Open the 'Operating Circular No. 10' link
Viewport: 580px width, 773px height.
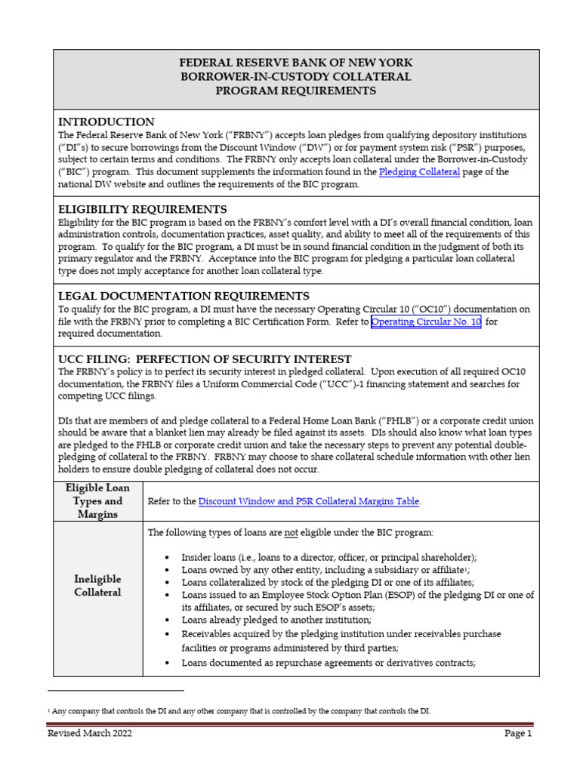coord(426,322)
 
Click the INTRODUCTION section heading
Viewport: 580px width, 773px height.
coord(106,122)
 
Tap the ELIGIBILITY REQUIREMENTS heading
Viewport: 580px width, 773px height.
coord(143,208)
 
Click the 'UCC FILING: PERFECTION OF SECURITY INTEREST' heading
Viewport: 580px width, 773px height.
coord(205,359)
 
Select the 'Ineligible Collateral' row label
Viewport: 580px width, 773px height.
coord(97,586)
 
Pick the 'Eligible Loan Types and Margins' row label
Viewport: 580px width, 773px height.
coord(97,500)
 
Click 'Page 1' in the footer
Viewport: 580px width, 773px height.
coord(518,733)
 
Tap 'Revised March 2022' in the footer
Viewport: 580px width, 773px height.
coord(90,733)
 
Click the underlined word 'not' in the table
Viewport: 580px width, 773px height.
coord(291,532)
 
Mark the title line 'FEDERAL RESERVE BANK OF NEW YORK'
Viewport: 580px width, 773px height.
coord(295,63)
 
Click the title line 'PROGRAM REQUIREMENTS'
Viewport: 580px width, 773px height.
coord(295,91)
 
